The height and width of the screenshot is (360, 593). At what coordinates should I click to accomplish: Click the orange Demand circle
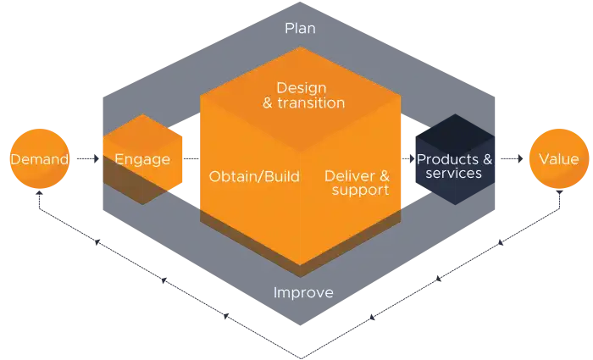point(37,158)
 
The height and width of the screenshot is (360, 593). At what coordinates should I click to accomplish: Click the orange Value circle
point(558,158)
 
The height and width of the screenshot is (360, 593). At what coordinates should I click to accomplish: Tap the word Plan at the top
point(300,29)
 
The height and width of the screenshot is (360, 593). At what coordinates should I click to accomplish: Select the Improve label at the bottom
point(303,293)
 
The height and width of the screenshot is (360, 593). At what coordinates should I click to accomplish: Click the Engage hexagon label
point(142,158)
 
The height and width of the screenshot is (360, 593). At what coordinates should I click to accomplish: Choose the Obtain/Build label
point(254,176)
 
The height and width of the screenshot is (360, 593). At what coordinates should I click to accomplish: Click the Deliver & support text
point(357,183)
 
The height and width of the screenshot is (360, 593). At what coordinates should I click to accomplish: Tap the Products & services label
point(454,166)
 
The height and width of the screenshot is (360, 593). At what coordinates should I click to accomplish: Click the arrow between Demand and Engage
point(86,158)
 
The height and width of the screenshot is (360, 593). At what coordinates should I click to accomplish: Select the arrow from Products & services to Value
point(510,158)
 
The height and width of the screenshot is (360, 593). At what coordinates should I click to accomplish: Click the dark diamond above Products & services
point(454,133)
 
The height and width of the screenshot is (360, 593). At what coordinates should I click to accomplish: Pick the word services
point(453,174)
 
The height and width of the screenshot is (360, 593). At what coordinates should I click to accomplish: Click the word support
point(360,191)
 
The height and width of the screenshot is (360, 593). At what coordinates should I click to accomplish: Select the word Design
point(301,86)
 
